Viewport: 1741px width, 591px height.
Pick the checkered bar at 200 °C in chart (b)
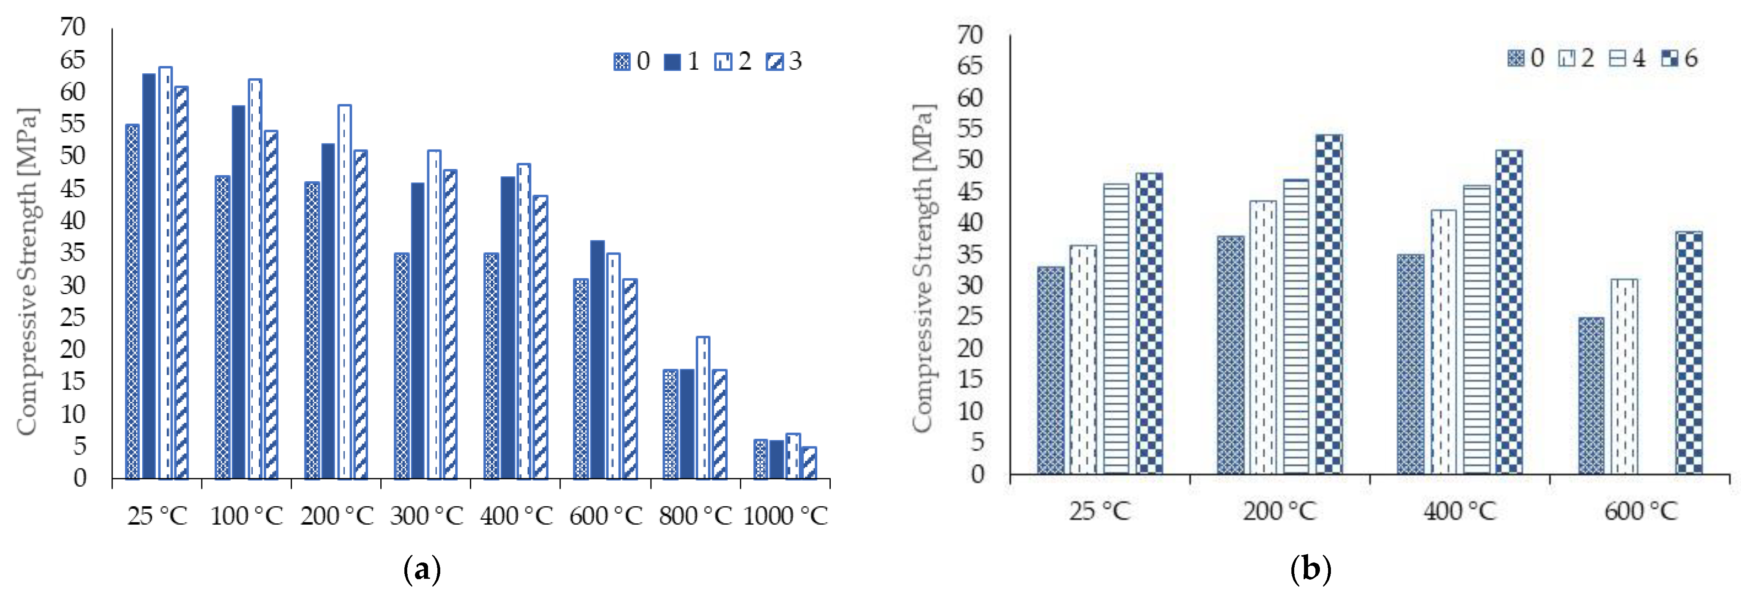[1329, 304]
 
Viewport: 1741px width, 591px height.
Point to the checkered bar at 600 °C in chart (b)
[1689, 353]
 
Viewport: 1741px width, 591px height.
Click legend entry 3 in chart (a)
[784, 62]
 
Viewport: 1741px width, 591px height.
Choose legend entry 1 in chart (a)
[681, 62]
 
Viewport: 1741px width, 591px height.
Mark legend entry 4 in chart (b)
[1627, 58]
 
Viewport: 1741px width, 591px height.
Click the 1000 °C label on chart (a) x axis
[786, 516]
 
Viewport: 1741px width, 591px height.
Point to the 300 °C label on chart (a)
[426, 516]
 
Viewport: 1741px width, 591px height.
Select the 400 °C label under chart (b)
[1460, 511]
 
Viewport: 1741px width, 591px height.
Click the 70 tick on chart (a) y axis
[73, 27]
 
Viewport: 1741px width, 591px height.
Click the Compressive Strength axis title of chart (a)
[27, 270]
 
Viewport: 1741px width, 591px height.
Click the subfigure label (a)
[422, 569]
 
